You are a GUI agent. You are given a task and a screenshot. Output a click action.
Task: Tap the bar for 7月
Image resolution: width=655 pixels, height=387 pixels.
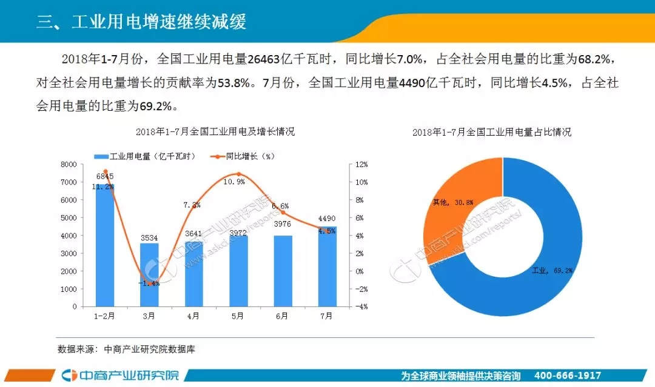click(x=327, y=266)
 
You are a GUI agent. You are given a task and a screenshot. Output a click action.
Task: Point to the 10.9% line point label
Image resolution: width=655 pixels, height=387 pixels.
click(x=234, y=181)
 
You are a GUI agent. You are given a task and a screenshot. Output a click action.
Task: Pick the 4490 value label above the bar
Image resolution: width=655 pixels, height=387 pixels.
click(x=325, y=219)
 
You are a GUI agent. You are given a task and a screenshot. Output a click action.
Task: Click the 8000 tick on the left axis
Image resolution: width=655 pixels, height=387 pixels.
click(x=68, y=165)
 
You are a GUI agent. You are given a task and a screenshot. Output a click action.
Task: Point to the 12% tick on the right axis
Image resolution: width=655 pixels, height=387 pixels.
click(x=361, y=165)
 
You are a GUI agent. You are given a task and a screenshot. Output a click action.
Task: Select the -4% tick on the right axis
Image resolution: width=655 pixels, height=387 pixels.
click(x=361, y=307)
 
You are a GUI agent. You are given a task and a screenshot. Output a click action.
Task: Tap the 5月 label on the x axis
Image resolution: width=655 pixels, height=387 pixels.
click(x=238, y=316)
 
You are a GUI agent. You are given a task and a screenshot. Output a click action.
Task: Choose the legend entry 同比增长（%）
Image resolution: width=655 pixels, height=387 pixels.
click(x=243, y=156)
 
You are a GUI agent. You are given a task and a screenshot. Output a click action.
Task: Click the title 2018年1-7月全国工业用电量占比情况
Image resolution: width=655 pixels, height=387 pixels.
click(x=491, y=132)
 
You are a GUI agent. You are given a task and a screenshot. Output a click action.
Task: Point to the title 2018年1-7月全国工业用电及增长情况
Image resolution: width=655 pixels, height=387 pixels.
click(x=215, y=131)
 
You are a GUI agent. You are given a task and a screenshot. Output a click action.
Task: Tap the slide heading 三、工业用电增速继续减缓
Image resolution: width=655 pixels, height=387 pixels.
click(x=141, y=22)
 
